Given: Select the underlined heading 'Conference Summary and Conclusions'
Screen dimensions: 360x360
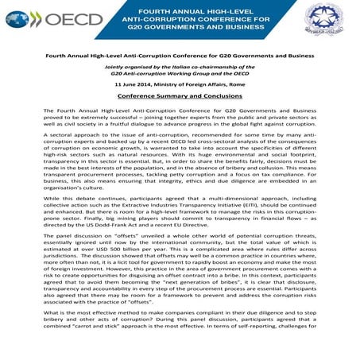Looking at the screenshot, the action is tap(180, 95).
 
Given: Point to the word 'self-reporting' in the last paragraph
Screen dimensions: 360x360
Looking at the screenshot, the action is tap(275, 347).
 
